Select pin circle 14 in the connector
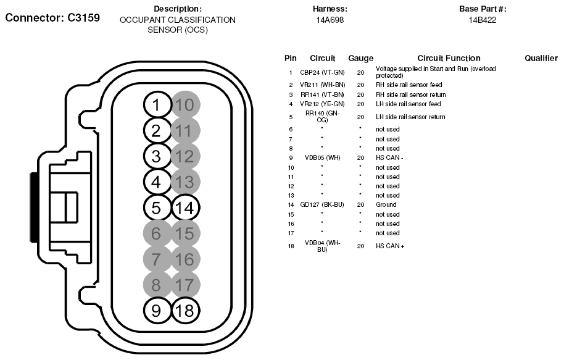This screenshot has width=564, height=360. tap(184, 207)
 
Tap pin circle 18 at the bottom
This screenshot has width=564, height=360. tap(184, 311)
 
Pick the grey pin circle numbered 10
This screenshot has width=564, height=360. tap(184, 105)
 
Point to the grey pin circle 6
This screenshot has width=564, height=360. tap(156, 233)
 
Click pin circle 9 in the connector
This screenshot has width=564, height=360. tap(156, 311)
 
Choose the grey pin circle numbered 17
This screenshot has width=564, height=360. tap(184, 285)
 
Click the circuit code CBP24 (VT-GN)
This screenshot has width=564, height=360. tap(322, 72)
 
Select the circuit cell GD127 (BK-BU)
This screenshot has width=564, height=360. tap(322, 204)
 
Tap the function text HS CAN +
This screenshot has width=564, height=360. tap(390, 246)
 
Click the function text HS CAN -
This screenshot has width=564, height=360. tap(389, 157)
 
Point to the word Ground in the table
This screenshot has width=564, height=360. tap(386, 204)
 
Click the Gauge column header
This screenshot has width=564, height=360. tap(360, 58)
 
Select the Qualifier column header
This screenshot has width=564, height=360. tap(541, 58)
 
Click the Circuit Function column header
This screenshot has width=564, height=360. tap(449, 58)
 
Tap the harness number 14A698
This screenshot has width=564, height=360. tap(330, 20)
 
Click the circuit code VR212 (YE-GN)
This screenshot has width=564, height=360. tap(322, 104)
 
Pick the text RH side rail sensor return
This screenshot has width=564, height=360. tap(410, 94)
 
